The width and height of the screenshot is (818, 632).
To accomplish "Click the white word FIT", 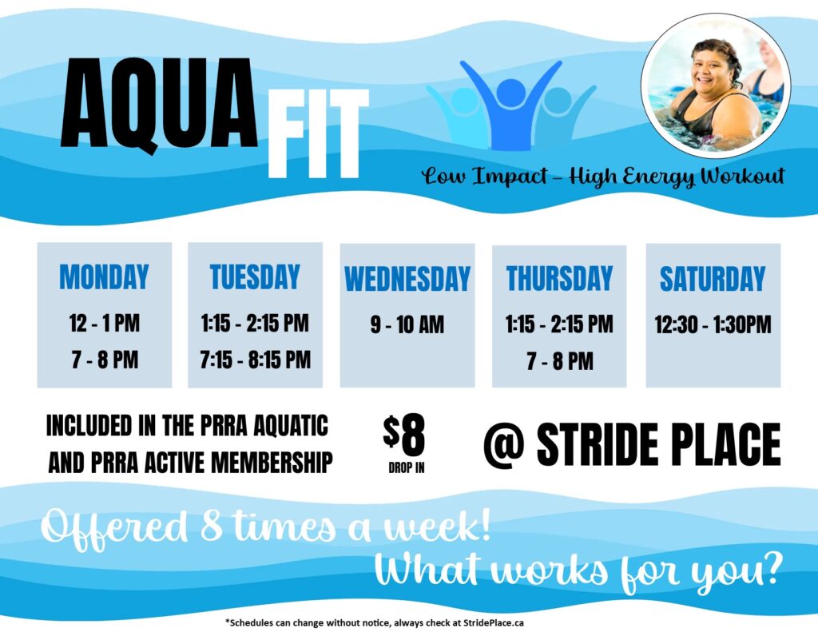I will click(318, 133).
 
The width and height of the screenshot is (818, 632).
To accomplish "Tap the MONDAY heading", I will click(105, 277).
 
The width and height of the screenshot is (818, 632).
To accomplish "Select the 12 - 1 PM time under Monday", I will click(105, 324).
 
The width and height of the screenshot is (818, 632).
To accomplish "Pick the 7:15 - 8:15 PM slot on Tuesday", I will click(255, 360).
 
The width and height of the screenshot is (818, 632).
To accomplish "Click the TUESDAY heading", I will click(255, 276).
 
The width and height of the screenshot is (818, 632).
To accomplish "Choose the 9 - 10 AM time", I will click(407, 325).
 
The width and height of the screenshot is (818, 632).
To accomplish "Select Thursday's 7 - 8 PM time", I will click(559, 361).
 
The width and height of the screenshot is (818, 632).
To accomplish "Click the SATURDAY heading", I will click(713, 279).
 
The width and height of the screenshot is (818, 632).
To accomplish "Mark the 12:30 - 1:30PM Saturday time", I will click(713, 325).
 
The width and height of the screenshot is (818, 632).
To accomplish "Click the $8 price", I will click(405, 435).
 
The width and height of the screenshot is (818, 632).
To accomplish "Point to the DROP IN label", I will click(406, 467).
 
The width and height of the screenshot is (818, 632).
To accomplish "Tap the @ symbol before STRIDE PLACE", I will click(505, 444).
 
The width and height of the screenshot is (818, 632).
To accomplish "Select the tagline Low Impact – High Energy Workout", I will click(603, 176).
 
